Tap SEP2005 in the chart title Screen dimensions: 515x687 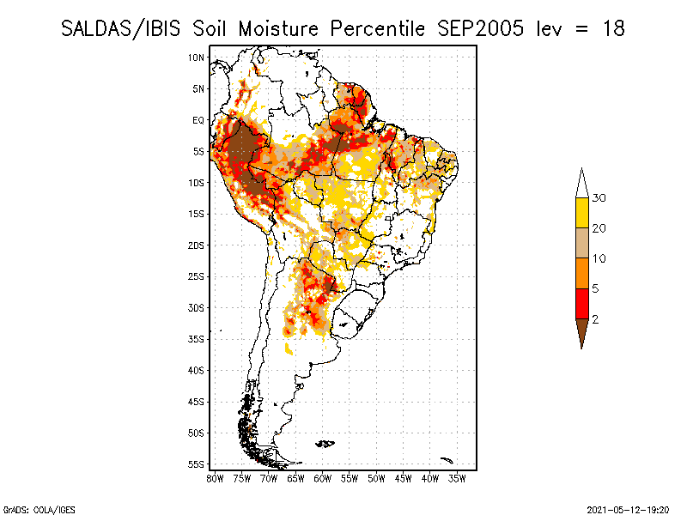coord(477,28)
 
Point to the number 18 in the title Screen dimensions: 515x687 coord(611,28)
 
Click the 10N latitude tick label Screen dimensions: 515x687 coord(197,58)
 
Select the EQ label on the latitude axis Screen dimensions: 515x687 coord(198,120)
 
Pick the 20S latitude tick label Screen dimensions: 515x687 coord(197,245)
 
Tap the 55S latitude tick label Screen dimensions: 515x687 coord(197,463)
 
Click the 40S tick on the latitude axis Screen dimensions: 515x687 coord(197,370)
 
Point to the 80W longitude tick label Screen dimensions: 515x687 coord(216,478)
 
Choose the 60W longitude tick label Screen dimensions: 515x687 coord(323,478)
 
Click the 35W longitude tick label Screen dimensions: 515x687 coord(457,478)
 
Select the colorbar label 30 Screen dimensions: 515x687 coord(599,198)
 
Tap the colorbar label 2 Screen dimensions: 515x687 coord(594,319)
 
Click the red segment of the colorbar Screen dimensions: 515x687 coord(581,303)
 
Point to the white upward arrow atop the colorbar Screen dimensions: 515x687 coord(581,183)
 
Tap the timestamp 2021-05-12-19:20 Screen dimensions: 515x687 coord(628,509)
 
